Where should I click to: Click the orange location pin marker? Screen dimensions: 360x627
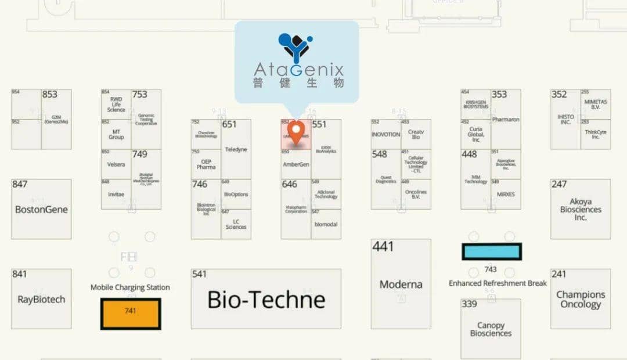click(296, 131)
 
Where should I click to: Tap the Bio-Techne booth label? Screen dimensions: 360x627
click(266, 300)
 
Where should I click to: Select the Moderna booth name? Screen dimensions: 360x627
click(401, 285)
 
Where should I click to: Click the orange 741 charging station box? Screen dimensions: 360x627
click(131, 314)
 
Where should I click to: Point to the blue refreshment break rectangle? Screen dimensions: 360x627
click(492, 251)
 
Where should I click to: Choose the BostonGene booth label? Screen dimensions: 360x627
click(41, 210)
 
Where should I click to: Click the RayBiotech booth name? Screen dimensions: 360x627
click(41, 300)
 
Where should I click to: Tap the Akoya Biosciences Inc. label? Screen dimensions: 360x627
click(581, 210)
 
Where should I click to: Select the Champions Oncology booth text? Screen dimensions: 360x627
click(581, 299)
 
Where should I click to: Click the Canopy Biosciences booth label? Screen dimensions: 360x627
click(491, 329)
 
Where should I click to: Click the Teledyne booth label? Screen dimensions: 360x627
click(236, 149)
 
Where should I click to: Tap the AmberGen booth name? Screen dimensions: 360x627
click(296, 164)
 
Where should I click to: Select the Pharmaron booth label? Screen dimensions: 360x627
click(506, 120)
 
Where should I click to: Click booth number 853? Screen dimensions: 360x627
click(50, 95)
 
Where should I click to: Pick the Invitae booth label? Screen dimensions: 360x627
click(116, 195)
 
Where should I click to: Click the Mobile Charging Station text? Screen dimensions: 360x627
click(130, 287)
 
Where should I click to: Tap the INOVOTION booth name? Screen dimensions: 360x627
click(385, 134)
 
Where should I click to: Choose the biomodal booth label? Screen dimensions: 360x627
click(326, 224)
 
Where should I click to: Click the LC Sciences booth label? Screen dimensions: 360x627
click(236, 224)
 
